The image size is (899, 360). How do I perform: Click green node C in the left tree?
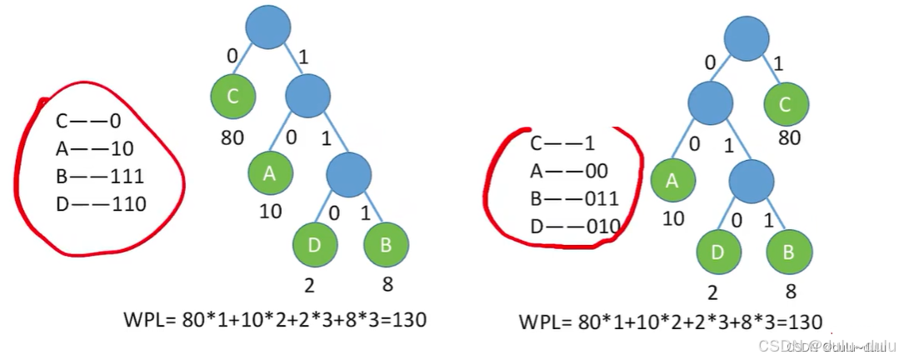pos(232,97)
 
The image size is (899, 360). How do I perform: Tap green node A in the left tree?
pos(270,173)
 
